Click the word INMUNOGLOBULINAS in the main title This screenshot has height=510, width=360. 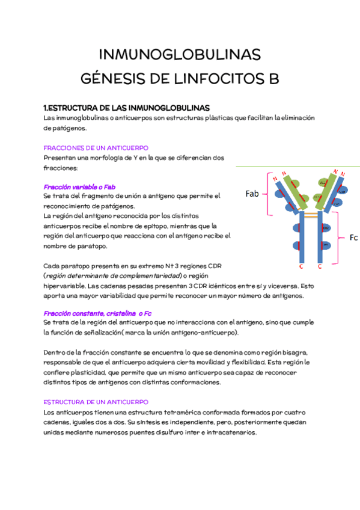[180, 55]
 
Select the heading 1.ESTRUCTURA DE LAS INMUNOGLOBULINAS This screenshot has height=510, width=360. [127, 108]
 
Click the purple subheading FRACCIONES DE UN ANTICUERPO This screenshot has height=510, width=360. [96, 147]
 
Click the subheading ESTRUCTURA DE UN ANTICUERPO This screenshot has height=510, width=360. [96, 402]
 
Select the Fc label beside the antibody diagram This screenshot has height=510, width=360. [353, 238]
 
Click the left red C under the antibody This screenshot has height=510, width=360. [301, 266]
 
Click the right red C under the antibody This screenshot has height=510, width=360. [320, 266]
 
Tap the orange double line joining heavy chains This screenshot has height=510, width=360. [311, 214]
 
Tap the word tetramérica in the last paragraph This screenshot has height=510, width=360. [169, 412]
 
